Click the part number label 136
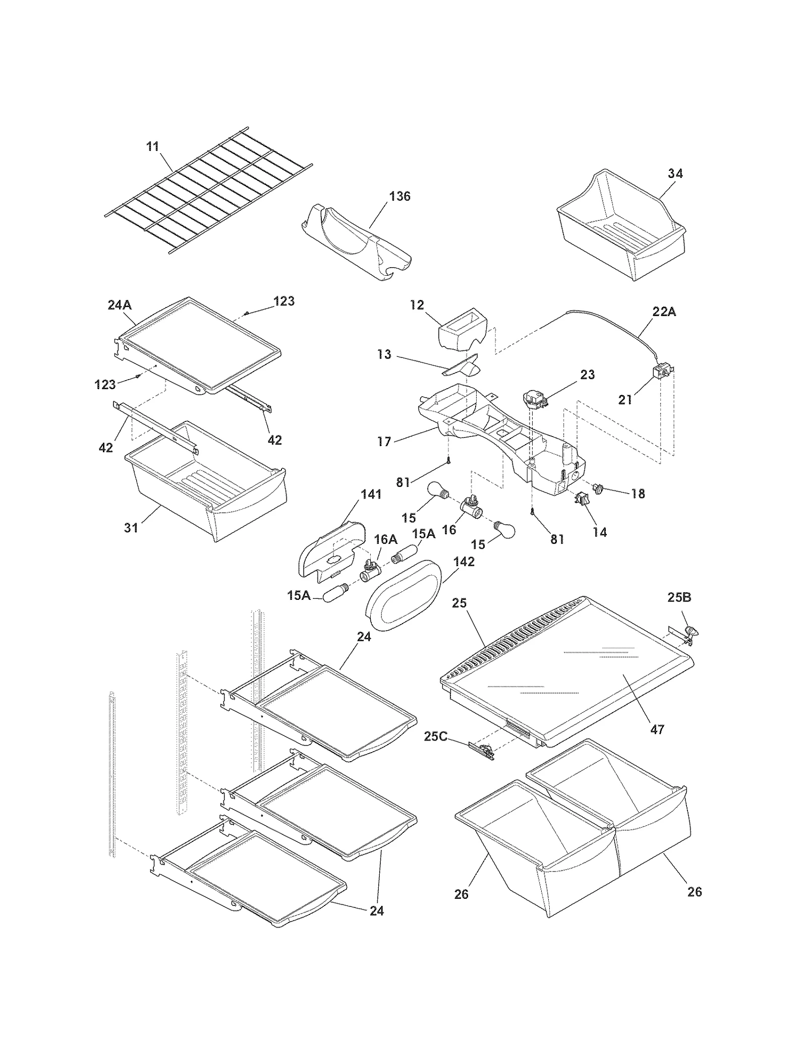coord(400,196)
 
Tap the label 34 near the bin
coord(675,173)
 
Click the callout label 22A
coord(664,312)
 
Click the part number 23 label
coord(588,375)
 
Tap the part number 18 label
coord(638,494)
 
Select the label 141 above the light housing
coord(371,495)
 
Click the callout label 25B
coord(679,597)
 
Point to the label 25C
coord(435,736)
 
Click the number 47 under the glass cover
coord(657,729)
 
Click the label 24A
coord(120,304)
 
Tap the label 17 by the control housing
coord(384,442)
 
